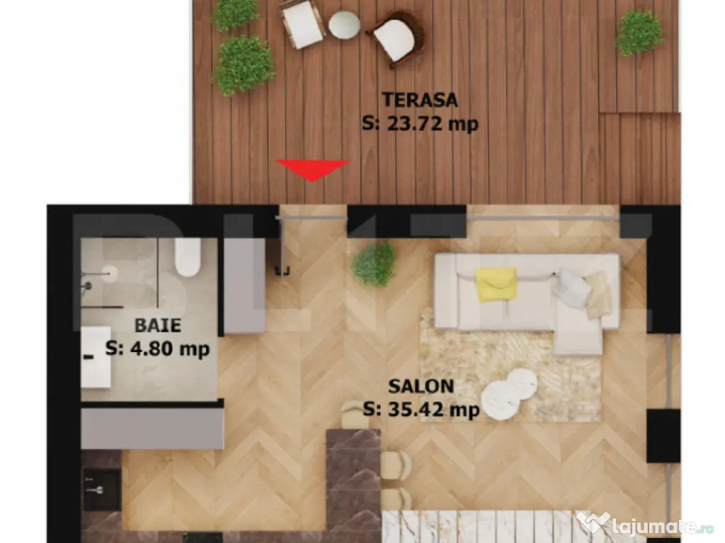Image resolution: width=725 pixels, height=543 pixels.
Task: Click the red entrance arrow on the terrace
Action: click(312, 169)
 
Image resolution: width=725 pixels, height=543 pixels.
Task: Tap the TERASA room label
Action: click(420, 100)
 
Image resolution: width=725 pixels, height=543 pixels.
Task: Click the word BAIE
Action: click(158, 325)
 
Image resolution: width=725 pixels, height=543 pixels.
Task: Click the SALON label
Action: click(421, 386)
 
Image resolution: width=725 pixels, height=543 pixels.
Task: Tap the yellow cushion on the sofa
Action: click(496, 284)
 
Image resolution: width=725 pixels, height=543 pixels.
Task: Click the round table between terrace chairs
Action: click(344, 24)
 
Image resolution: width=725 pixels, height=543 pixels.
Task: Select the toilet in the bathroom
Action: click(188, 257)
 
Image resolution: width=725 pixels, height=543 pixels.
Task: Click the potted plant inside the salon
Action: click(374, 264)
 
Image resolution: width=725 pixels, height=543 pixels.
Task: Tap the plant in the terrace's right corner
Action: click(639, 33)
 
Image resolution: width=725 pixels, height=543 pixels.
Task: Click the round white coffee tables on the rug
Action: click(508, 395)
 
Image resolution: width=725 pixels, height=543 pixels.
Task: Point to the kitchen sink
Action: click(102, 489)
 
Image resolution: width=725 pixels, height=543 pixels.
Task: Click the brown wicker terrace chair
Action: click(396, 38)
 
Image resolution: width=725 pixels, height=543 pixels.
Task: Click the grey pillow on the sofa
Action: click(571, 288)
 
